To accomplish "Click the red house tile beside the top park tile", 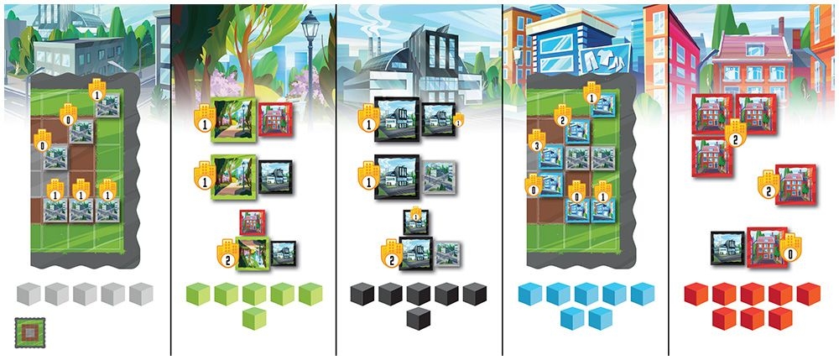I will tap(274, 118).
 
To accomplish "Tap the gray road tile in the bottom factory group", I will tap(448, 252).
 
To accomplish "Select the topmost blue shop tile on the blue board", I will tap(605, 106).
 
